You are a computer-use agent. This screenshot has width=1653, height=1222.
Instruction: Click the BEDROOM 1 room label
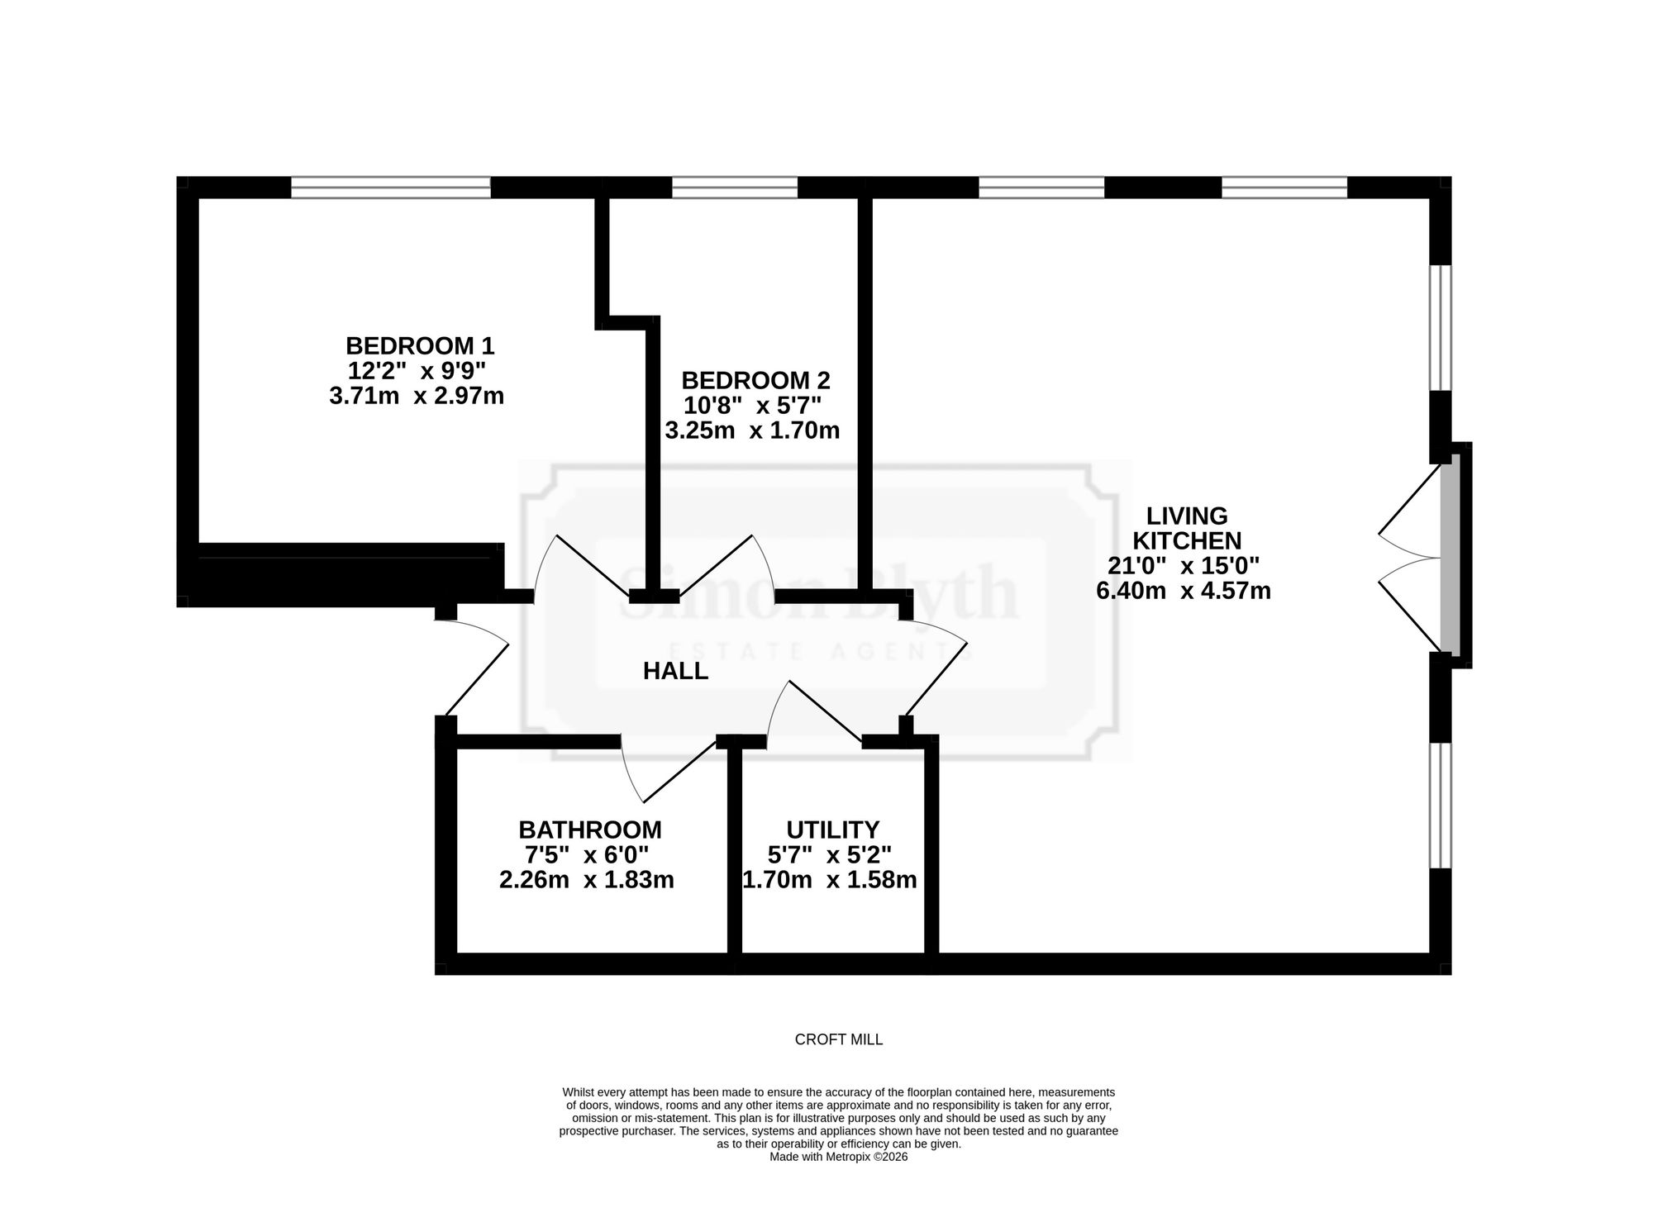[x=420, y=345]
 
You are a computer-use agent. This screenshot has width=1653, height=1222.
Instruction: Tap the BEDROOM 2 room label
[x=755, y=381]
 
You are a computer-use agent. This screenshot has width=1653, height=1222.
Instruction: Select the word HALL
[x=675, y=671]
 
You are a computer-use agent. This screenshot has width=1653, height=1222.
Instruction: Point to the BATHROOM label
[x=590, y=830]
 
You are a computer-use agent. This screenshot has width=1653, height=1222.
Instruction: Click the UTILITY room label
[x=832, y=830]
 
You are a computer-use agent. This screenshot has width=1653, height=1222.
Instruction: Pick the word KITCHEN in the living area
[x=1187, y=541]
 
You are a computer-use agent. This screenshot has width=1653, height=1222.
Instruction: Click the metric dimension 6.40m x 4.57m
[x=1184, y=592]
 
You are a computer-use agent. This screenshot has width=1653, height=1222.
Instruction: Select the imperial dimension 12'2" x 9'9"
[x=417, y=370]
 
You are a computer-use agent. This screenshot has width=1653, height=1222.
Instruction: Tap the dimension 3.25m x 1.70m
[x=752, y=430]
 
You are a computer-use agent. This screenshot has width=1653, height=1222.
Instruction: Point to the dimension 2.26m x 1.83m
[x=587, y=880]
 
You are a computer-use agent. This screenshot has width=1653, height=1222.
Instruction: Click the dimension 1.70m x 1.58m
[x=830, y=880]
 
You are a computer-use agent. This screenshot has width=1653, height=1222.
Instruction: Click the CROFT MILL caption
[x=839, y=1040]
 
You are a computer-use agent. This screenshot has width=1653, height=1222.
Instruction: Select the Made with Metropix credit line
[x=839, y=1157]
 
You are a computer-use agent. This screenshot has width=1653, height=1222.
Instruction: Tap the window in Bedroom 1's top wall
[x=391, y=188]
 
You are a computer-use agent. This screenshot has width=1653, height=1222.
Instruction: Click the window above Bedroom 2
[x=735, y=188]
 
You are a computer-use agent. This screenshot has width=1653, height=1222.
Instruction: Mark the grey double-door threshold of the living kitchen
[x=1450, y=556]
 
